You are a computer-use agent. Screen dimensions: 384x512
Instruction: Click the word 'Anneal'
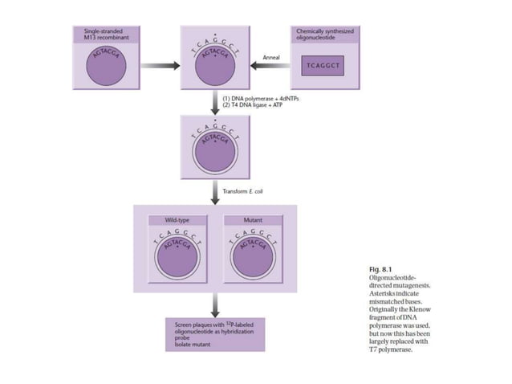click(x=271, y=57)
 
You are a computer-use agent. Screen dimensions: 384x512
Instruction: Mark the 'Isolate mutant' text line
click(x=192, y=341)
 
